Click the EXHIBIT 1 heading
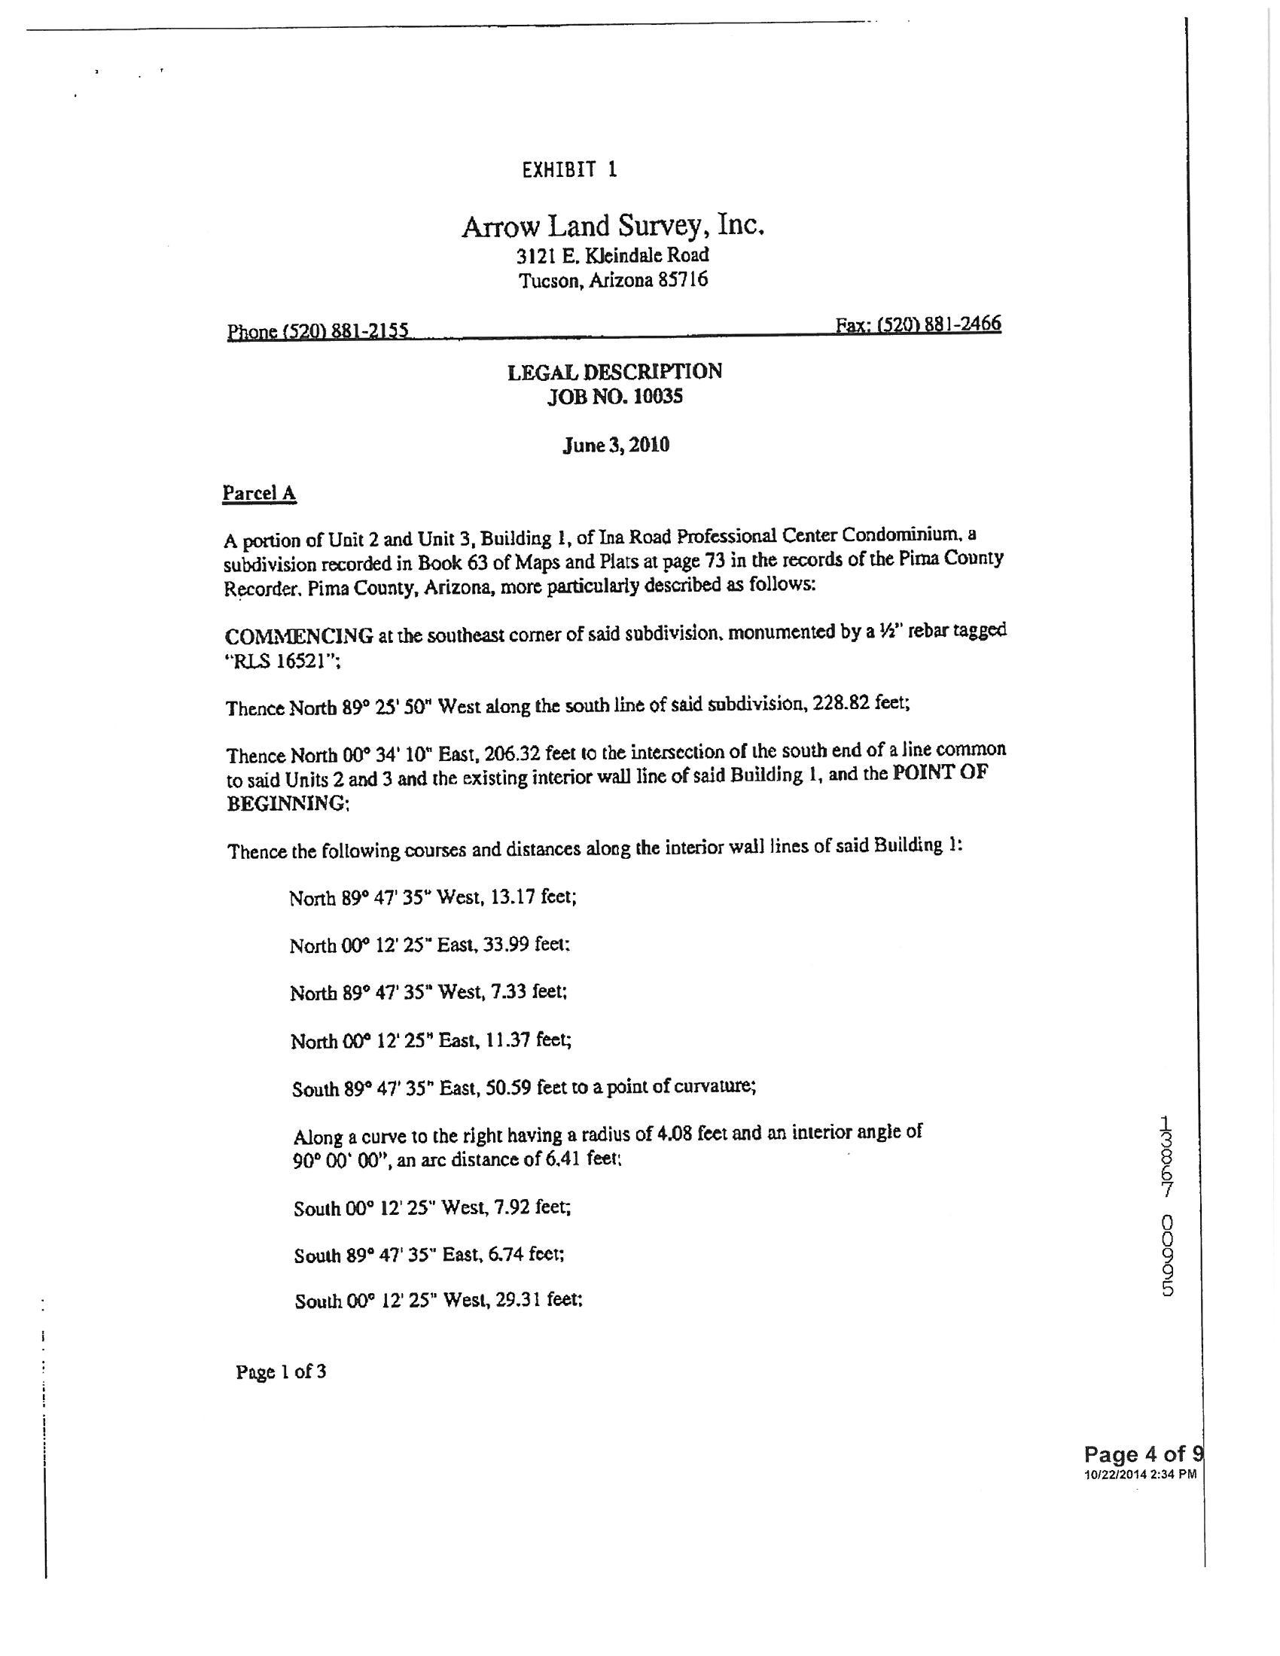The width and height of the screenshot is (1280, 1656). (569, 169)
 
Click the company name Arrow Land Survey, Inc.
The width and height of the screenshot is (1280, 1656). (613, 226)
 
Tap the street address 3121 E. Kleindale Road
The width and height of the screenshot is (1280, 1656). (613, 254)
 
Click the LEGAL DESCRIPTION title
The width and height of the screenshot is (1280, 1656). (614, 372)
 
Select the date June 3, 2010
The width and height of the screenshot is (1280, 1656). (616, 444)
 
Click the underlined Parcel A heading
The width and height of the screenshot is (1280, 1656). (258, 494)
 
